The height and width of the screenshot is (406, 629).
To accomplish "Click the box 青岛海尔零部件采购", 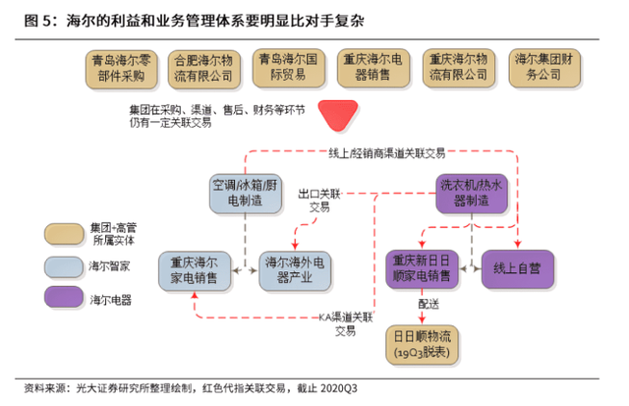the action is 121,69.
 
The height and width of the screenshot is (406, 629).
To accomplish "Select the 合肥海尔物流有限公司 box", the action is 203,69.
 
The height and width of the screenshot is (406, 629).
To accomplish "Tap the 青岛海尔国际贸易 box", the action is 288,68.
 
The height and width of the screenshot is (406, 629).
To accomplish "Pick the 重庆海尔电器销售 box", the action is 373,68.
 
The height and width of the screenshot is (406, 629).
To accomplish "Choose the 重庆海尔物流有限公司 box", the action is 459,68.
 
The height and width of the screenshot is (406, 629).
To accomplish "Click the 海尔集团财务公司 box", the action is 544,68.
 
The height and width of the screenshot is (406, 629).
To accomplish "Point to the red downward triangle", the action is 338,115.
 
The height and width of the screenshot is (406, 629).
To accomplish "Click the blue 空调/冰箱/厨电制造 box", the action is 245,194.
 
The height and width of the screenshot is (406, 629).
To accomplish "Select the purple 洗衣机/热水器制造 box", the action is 472,194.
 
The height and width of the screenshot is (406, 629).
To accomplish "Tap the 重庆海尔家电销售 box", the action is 195,270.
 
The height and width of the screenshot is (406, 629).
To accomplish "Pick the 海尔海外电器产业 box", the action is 295,270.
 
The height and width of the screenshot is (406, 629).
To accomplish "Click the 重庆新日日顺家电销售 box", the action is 422,269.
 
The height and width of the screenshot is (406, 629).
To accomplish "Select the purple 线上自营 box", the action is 518,269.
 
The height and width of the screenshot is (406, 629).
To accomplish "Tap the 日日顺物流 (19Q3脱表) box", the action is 422,345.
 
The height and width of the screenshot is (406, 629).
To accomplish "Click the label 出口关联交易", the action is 319,201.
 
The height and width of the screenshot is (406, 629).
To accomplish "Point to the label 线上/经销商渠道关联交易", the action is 387,152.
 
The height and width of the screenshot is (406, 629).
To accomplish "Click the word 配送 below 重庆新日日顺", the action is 429,304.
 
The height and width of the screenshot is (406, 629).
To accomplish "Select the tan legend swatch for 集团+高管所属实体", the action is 64,234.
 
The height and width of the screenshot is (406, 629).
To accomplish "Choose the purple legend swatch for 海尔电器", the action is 64,297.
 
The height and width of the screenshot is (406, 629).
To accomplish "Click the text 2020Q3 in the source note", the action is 339,388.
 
